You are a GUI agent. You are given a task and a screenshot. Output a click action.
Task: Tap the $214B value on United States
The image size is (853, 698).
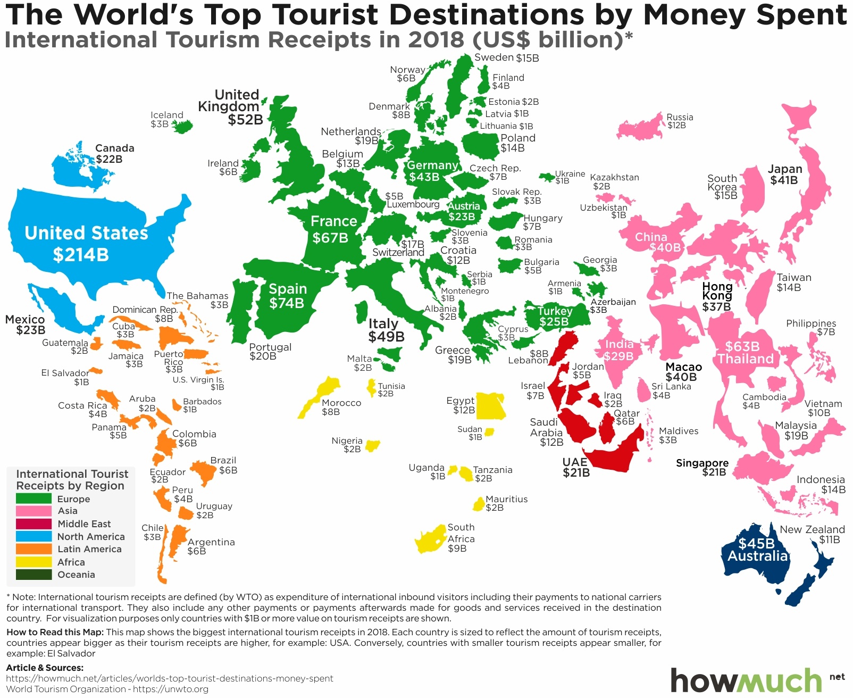pyautogui.click(x=81, y=255)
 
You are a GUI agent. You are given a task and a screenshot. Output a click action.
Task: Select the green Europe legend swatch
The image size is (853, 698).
pyautogui.click(x=34, y=498)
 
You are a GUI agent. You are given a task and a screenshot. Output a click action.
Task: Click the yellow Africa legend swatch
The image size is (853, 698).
pyautogui.click(x=34, y=562)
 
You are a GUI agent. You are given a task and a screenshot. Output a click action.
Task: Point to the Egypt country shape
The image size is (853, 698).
pyautogui.click(x=490, y=406)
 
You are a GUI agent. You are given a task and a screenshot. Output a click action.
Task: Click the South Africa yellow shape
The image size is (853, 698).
pyautogui.click(x=431, y=541)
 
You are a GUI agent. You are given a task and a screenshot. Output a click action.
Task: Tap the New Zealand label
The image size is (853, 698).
pyautogui.click(x=812, y=529)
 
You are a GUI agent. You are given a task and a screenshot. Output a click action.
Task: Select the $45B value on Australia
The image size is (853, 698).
pyautogui.click(x=756, y=543)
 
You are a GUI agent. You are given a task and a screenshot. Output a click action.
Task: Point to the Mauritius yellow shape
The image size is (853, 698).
pyautogui.click(x=479, y=503)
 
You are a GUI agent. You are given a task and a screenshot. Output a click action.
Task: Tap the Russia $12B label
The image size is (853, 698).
pyautogui.click(x=679, y=121)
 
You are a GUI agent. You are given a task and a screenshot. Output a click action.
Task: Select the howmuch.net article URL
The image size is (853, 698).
pyautogui.click(x=170, y=678)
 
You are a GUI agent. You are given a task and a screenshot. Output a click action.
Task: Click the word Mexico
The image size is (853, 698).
pyautogui.click(x=25, y=319)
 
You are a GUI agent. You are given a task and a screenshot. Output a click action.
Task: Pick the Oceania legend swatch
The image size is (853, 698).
pyautogui.click(x=34, y=575)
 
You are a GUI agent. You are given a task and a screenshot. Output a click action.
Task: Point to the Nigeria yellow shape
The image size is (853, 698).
pyautogui.click(x=372, y=445)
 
